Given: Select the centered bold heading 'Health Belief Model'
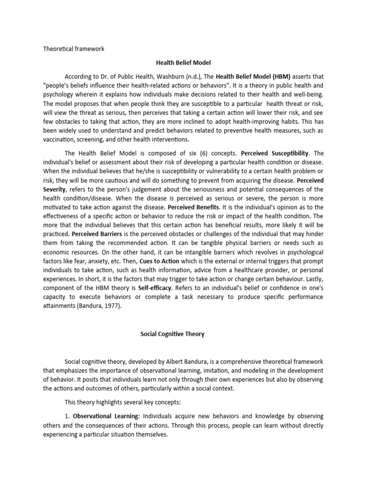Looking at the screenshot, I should click(183, 62).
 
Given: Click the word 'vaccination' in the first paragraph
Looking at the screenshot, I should click(59, 139).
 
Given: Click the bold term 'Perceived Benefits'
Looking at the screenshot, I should click(193, 207).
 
